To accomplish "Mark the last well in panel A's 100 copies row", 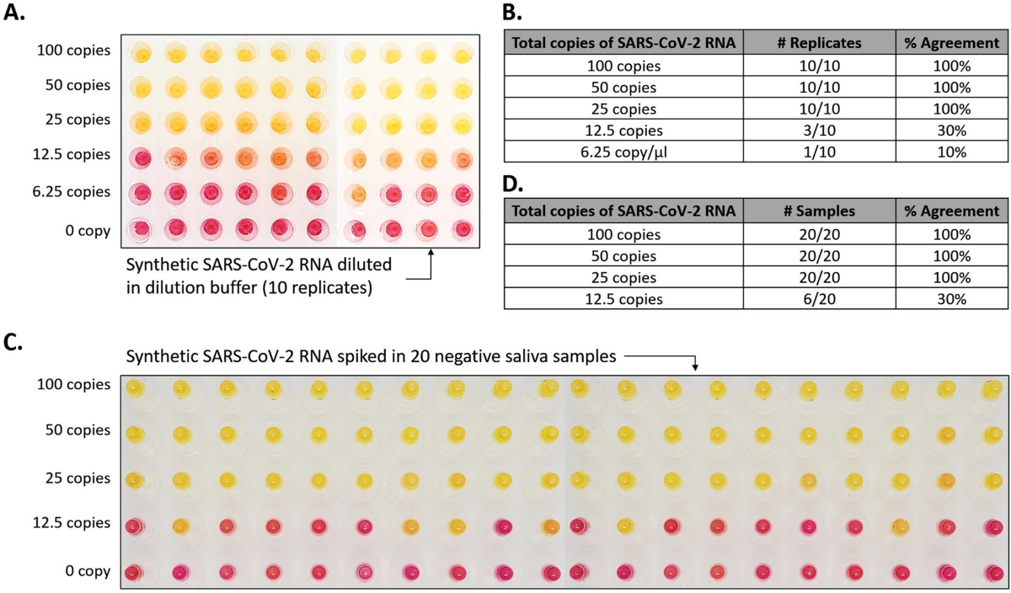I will tap(460, 56).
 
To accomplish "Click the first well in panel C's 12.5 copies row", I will tap(133, 526).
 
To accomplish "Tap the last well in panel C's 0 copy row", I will tap(991, 573).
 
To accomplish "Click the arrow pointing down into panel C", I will tap(695, 364).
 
